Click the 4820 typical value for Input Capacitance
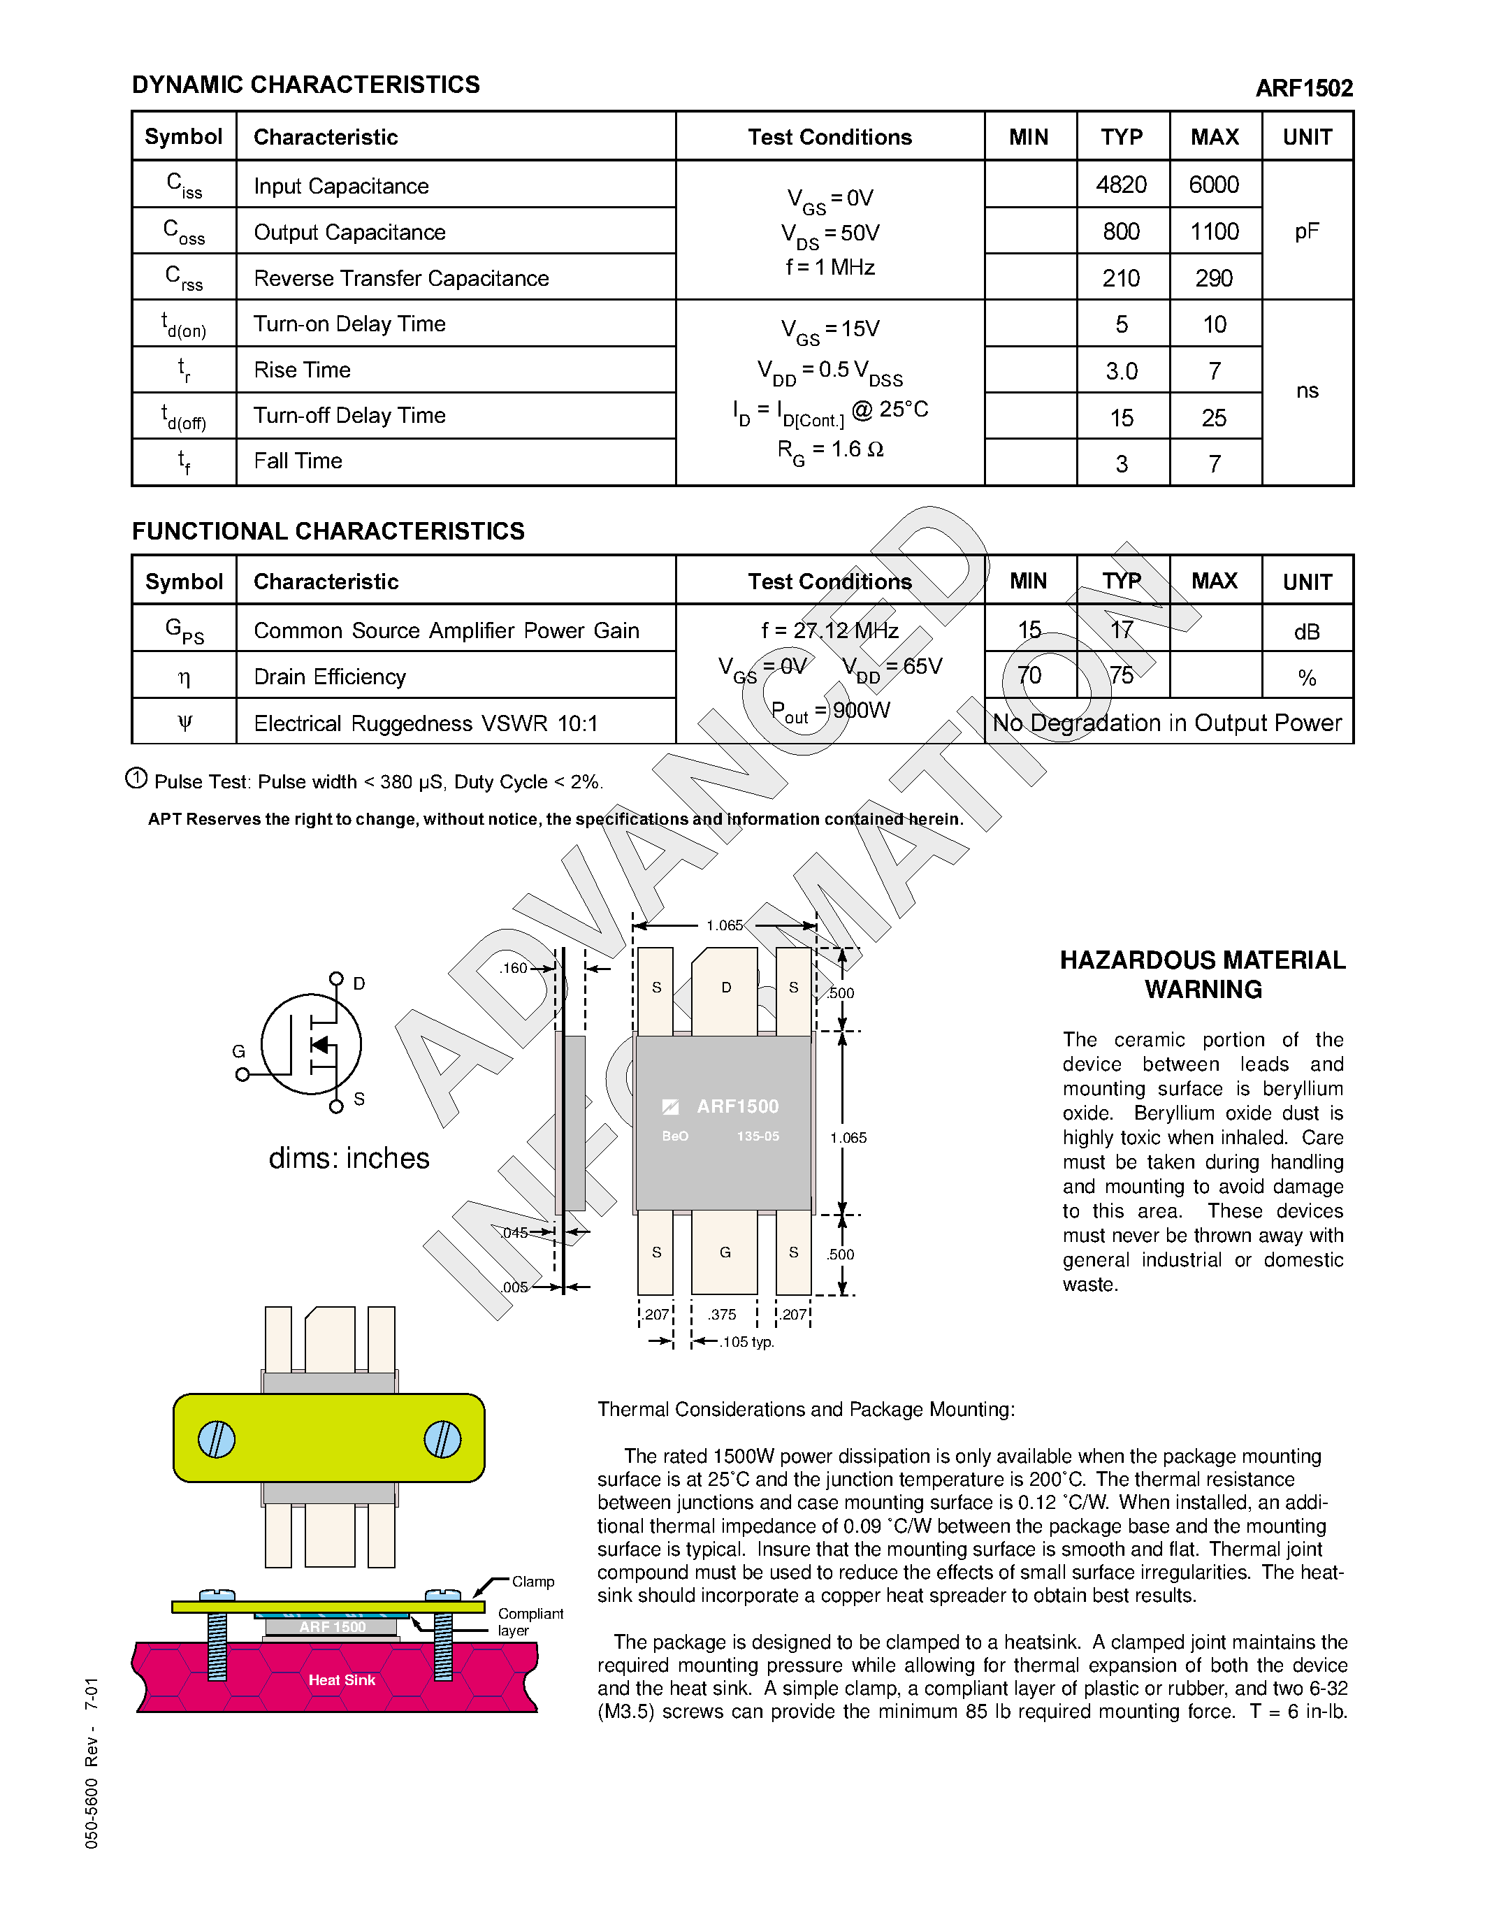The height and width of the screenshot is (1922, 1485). (1121, 185)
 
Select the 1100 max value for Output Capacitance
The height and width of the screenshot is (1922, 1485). (1214, 231)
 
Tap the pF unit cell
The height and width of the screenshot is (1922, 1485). (1306, 231)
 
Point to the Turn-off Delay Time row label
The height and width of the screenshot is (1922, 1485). (349, 415)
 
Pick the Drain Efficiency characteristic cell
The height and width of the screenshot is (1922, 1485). (330, 677)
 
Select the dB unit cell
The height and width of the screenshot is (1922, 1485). (1306, 632)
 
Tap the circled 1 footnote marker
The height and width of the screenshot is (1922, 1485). (136, 778)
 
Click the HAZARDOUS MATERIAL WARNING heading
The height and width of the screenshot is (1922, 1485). (1202, 974)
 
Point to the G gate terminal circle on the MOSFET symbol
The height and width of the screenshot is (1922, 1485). (242, 1074)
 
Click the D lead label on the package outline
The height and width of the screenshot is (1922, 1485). (726, 988)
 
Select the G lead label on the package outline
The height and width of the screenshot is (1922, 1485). (725, 1252)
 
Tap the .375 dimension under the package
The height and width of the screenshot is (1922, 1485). (723, 1314)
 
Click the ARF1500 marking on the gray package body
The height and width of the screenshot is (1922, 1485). (737, 1106)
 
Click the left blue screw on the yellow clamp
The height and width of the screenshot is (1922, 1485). (217, 1439)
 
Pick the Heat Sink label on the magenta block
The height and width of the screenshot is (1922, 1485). (341, 1680)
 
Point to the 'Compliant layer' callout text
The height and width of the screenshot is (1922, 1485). (530, 1621)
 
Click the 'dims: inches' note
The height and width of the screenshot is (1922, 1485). (349, 1158)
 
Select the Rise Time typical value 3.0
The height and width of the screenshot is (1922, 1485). (1121, 370)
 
